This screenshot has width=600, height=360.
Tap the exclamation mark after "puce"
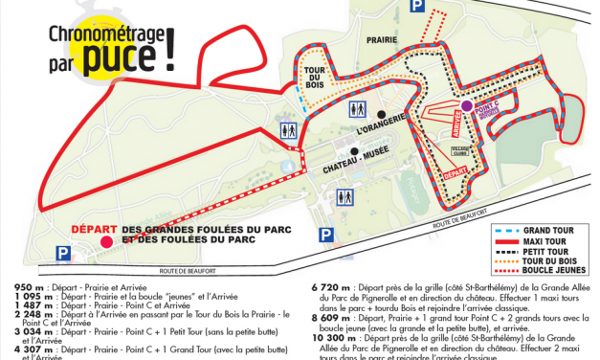click(x=170, y=48)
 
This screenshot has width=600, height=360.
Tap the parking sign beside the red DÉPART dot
click(x=63, y=253)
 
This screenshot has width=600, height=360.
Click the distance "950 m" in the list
click(x=33, y=287)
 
